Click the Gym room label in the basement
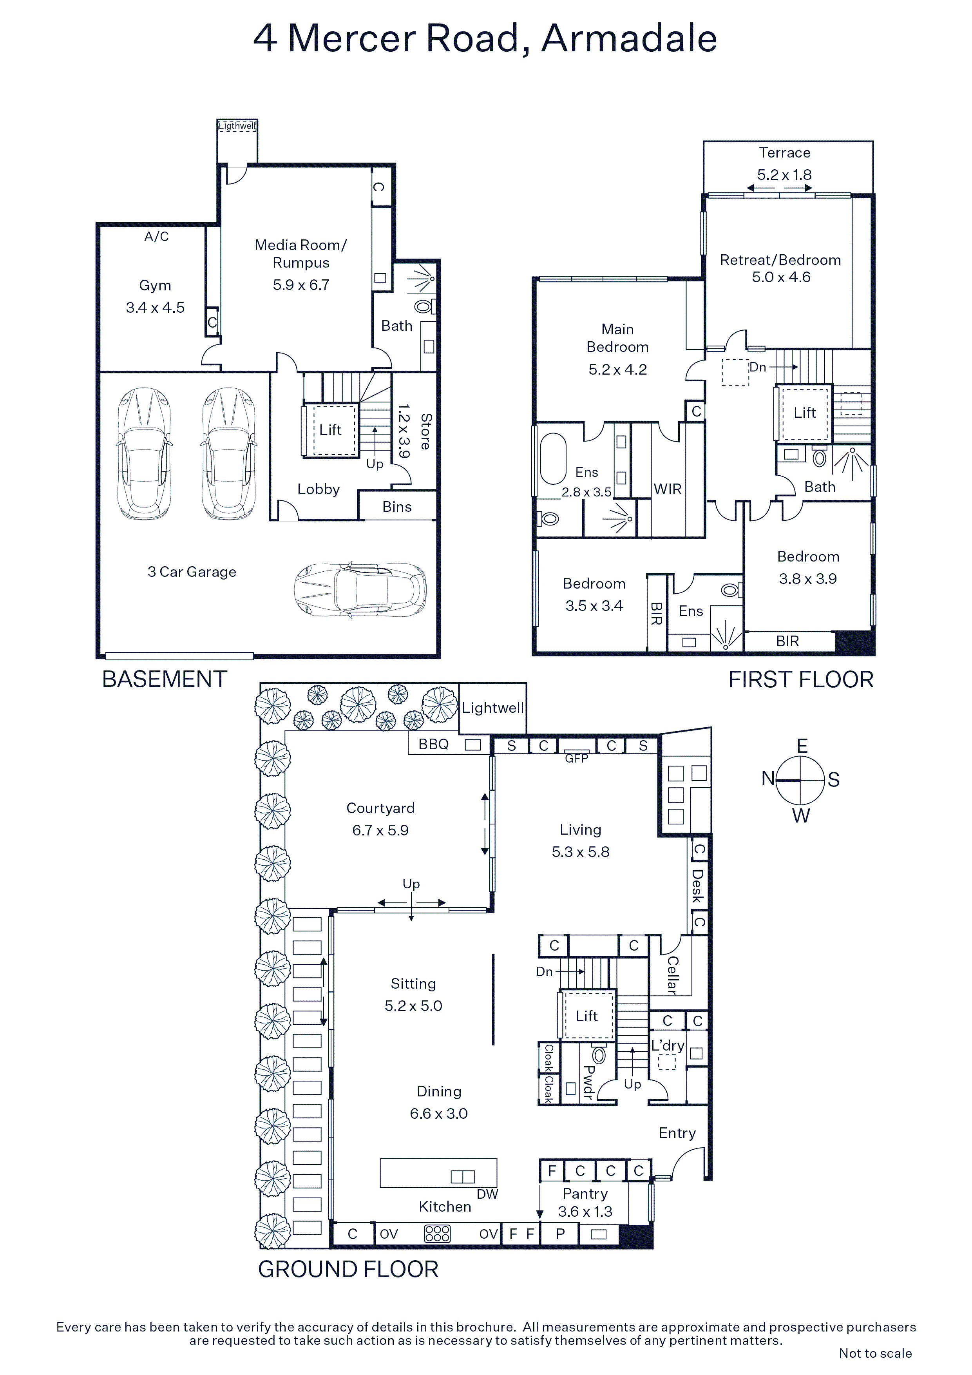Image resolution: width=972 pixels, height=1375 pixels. point(155,286)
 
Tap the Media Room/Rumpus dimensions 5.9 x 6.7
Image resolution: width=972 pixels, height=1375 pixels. point(301,285)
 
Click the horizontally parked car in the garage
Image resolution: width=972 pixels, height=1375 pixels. point(360,589)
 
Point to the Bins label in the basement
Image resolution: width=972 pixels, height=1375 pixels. point(397,507)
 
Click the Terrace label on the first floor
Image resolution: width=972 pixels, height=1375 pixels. point(785,153)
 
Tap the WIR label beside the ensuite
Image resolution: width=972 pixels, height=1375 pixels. point(668,489)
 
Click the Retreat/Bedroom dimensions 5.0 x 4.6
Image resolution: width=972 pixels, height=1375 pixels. point(782,277)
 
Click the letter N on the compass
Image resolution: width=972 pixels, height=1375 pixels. point(768,779)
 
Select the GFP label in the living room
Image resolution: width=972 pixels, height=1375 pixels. point(577,758)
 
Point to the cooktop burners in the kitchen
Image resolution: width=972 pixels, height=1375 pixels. point(437,1234)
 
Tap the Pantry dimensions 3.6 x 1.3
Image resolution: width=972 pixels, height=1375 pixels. point(585,1212)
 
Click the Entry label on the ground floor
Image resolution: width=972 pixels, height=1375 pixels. point(677,1133)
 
